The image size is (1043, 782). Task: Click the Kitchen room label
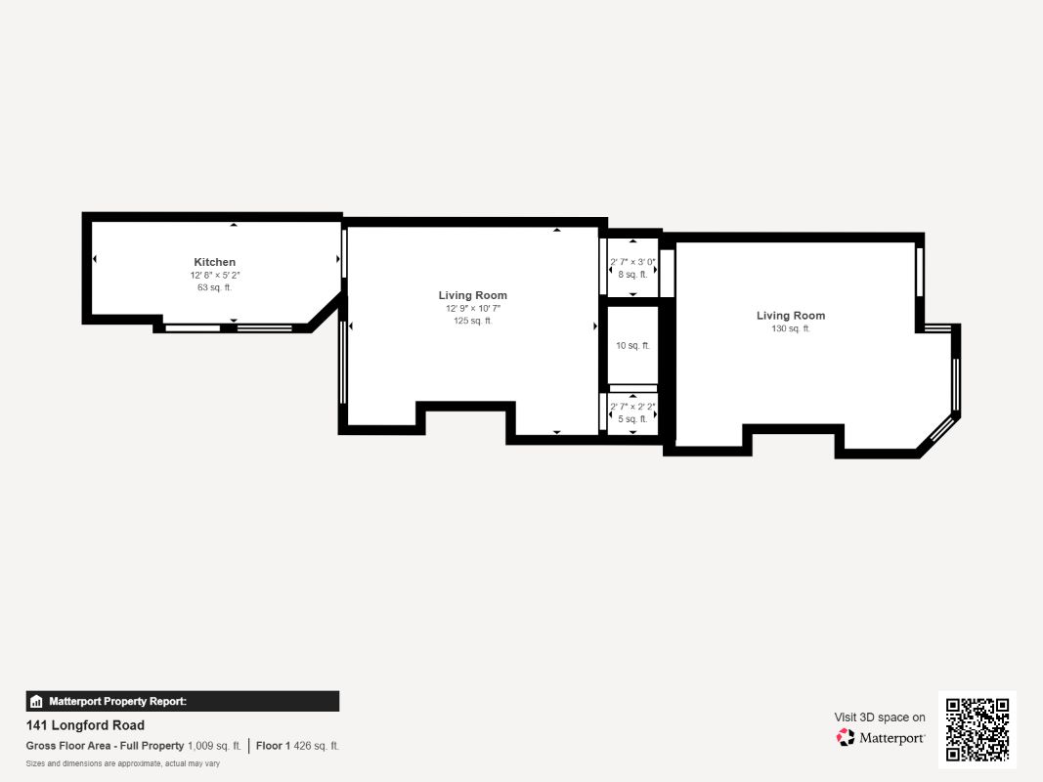214,262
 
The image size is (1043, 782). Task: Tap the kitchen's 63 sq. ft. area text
214,287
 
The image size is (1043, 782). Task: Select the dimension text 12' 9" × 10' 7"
472,309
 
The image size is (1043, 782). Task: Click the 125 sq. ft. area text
472,321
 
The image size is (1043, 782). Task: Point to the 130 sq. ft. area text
790,328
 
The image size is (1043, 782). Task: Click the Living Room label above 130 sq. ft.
790,316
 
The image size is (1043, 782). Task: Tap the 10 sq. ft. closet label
632,346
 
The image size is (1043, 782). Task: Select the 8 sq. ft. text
632,275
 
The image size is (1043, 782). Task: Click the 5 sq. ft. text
632,418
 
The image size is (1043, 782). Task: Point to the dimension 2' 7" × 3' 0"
632,262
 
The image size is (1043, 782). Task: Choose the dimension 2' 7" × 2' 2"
632,407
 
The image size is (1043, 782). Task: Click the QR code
978,729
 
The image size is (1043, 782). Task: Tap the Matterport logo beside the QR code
881,738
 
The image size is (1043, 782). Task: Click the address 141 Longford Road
85,725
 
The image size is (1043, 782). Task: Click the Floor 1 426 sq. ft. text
298,746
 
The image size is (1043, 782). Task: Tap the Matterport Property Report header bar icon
37,701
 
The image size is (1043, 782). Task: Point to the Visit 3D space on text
879,717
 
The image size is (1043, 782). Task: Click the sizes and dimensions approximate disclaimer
123,763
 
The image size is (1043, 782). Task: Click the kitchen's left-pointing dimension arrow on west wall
95,259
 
